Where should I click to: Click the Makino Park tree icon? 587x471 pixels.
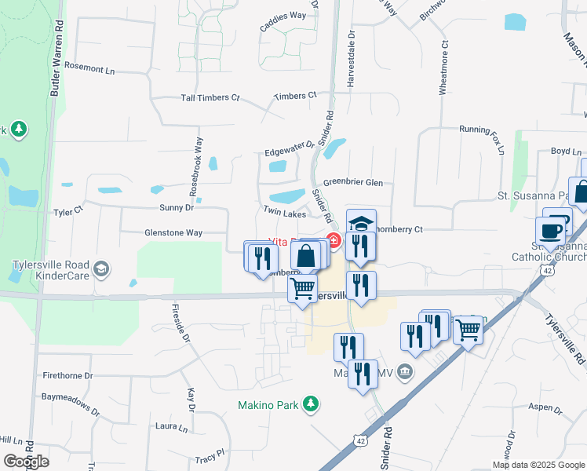click(312, 403)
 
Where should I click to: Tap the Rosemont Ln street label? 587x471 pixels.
click(89, 69)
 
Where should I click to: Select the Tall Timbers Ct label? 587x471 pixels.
click(210, 97)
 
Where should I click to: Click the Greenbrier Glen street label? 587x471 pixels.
click(352, 182)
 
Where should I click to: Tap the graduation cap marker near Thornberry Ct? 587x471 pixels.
click(361, 223)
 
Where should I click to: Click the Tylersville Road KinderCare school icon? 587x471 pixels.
click(100, 270)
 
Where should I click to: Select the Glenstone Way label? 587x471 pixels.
click(173, 233)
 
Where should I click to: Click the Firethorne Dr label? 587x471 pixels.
click(67, 376)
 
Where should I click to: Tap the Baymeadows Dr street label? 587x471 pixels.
click(71, 404)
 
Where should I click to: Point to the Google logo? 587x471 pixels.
click(26, 462)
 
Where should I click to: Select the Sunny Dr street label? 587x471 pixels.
click(177, 208)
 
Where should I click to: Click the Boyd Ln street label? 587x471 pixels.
click(565, 151)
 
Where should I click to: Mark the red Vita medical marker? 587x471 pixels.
click(333, 241)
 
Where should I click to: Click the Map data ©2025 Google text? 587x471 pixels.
click(538, 465)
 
